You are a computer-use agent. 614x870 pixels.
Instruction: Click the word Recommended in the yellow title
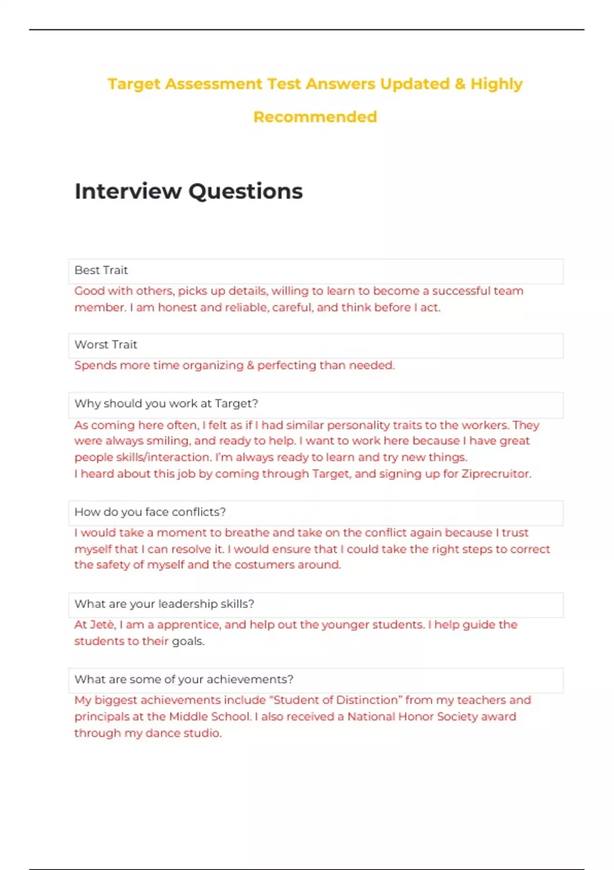(315, 117)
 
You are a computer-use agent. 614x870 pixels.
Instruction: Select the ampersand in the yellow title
(460, 83)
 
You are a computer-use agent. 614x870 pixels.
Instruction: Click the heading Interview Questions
(188, 191)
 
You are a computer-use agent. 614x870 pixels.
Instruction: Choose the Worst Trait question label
(106, 344)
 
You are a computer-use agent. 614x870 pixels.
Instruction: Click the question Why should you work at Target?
(166, 403)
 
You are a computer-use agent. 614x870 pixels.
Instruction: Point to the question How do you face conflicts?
(150, 512)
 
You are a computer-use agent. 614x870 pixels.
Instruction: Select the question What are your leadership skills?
(164, 604)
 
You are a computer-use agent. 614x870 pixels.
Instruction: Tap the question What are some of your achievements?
(184, 679)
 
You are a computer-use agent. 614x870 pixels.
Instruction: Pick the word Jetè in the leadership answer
(102, 624)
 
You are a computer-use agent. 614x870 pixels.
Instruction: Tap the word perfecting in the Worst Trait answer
(287, 365)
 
